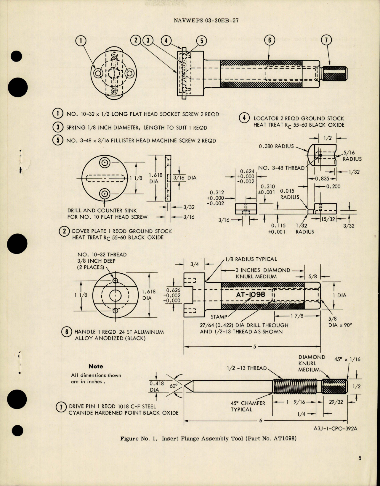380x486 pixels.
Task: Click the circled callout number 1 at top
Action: click(x=80, y=41)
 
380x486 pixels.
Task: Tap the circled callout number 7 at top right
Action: click(x=327, y=40)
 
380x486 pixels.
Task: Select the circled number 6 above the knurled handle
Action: click(x=270, y=40)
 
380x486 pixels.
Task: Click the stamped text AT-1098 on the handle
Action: click(x=251, y=295)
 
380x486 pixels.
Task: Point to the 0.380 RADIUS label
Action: click(x=276, y=146)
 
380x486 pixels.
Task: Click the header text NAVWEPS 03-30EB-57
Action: click(x=206, y=21)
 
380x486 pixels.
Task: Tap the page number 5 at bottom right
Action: click(x=360, y=458)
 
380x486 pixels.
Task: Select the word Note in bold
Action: click(x=96, y=366)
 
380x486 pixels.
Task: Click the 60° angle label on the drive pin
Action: click(x=173, y=386)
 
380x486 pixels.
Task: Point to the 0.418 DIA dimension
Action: click(x=156, y=387)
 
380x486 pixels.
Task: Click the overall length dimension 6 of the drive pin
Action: click(x=261, y=420)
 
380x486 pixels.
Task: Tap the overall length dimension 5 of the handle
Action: click(x=254, y=347)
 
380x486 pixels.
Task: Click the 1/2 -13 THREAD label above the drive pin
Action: click(x=247, y=368)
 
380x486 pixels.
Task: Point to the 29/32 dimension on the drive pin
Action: click(x=336, y=402)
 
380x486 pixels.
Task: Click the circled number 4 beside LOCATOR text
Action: click(x=244, y=118)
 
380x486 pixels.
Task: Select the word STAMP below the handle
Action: click(x=219, y=317)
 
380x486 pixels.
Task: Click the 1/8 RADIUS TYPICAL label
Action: click(x=251, y=259)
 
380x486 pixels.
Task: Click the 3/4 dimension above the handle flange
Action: click(x=195, y=264)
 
